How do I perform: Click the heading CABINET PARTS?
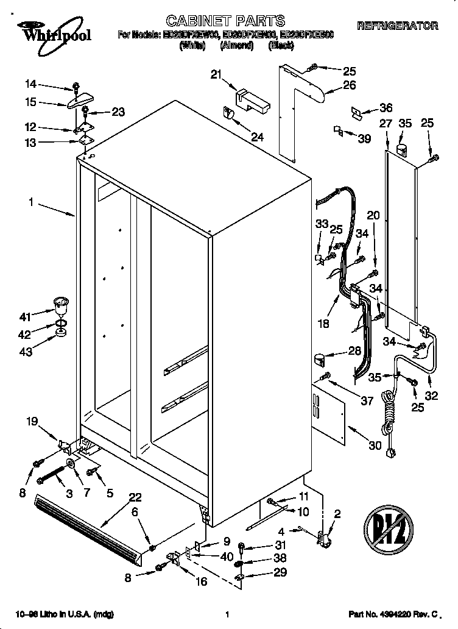pos(225,23)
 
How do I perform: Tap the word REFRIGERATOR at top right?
pos(397,26)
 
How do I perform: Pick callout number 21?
pos(216,74)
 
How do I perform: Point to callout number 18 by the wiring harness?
pos(324,324)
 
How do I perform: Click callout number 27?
pos(385,124)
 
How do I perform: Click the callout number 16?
pos(200,581)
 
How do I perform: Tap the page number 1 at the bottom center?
pos(227,615)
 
